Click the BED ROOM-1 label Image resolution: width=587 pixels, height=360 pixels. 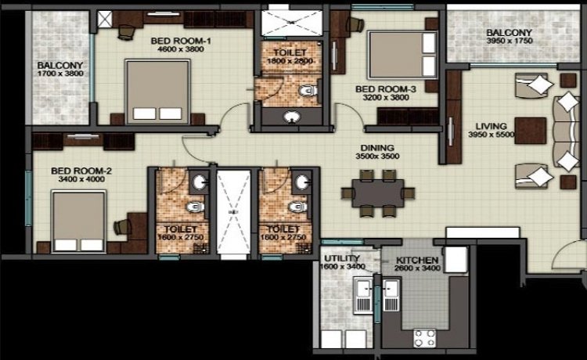click(181, 41)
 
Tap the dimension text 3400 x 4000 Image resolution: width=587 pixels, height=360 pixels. click(81, 179)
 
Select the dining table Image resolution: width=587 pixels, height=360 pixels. click(378, 193)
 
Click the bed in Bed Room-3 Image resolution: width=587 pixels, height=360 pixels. click(402, 55)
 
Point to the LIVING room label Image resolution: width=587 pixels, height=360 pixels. click(492, 126)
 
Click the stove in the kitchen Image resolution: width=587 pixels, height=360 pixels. click(424, 338)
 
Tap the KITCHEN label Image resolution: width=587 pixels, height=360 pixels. click(417, 260)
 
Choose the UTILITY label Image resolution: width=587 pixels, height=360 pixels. click(342, 258)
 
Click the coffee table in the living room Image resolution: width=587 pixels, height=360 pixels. click(530, 131)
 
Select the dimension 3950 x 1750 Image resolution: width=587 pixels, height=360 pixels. click(510, 41)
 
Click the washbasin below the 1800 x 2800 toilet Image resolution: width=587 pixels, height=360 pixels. click(292, 117)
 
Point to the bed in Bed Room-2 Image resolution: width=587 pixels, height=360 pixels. click(78, 221)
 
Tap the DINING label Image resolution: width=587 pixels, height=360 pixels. click(377, 148)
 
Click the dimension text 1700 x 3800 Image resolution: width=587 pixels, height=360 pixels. click(60, 74)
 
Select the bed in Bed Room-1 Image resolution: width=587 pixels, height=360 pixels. click(157, 92)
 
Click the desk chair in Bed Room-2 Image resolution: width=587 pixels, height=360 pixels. click(123, 227)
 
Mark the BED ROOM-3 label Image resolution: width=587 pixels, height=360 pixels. click(386, 89)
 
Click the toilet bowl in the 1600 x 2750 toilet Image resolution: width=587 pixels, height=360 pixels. click(196, 207)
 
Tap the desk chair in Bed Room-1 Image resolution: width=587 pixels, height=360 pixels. click(126, 32)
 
